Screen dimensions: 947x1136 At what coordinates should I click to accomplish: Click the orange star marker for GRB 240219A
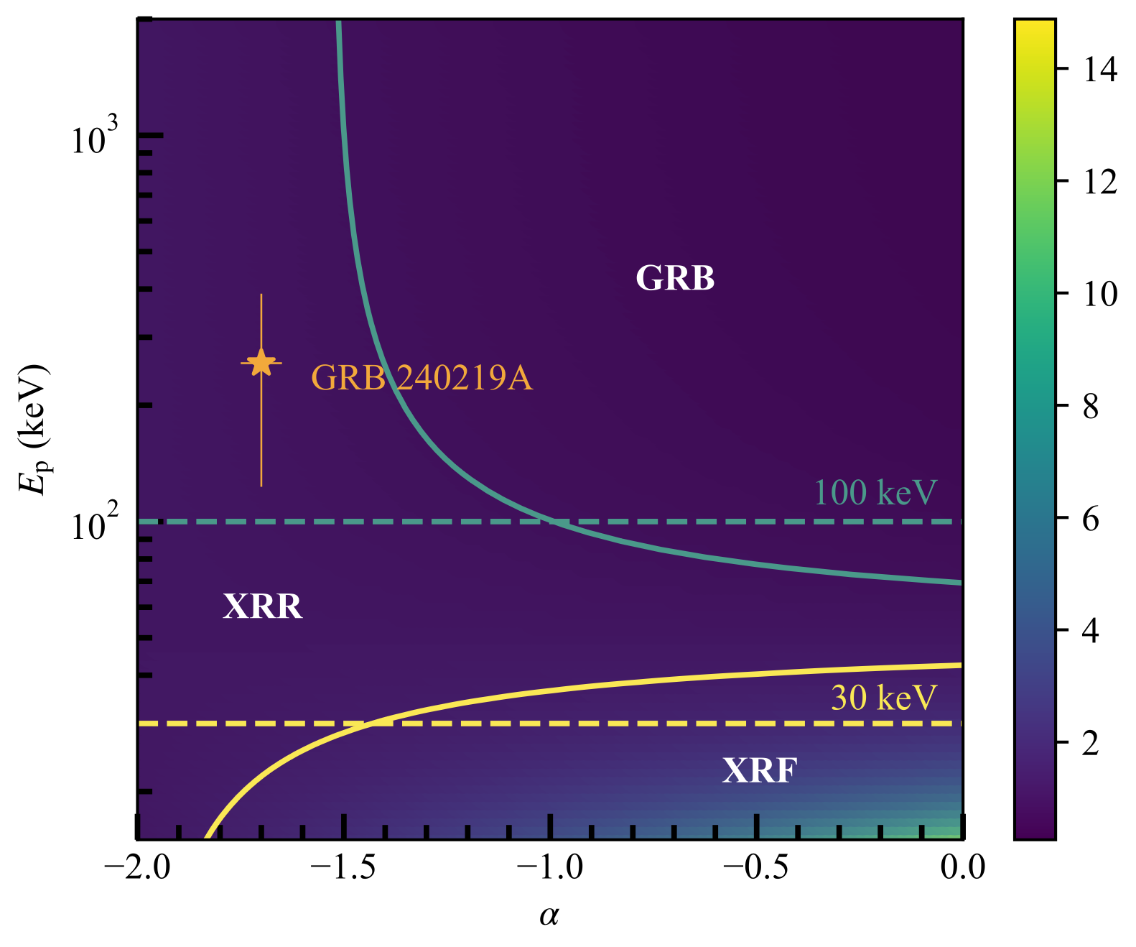[261, 363]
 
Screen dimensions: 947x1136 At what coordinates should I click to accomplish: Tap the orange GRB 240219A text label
[422, 378]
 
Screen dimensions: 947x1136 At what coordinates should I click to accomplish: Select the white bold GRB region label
[675, 278]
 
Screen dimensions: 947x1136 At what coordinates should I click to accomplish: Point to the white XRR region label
[263, 606]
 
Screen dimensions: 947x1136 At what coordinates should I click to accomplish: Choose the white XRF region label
[760, 771]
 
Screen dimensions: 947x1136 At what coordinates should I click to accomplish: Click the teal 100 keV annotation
[875, 493]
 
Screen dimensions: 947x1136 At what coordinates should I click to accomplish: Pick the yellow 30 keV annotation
[884, 698]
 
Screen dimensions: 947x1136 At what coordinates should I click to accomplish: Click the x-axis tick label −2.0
[137, 867]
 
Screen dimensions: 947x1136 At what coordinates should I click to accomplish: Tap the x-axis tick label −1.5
[344, 867]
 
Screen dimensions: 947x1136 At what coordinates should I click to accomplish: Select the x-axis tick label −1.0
[551, 867]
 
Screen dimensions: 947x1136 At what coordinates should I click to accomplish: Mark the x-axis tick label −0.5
[757, 867]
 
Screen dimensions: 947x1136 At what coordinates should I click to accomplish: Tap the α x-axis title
[549, 915]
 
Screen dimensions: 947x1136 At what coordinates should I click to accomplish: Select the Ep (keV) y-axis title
[34, 429]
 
